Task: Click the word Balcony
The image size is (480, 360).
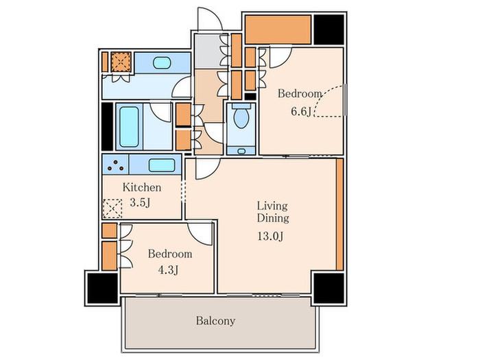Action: (x=215, y=321)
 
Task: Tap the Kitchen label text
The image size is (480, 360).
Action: (x=142, y=187)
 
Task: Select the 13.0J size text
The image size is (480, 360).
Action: (x=270, y=236)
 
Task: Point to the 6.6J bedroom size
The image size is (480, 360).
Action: (x=301, y=111)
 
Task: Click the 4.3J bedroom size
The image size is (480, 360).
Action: (x=169, y=269)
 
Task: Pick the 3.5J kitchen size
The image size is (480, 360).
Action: (x=140, y=202)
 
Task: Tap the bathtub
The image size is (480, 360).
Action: (x=129, y=127)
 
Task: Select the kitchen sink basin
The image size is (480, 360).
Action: (x=162, y=165)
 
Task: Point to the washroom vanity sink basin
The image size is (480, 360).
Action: (x=162, y=63)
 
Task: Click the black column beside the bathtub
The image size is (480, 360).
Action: (x=107, y=126)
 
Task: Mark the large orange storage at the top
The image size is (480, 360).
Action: (x=278, y=29)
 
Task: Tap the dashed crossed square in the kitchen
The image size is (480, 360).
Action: (x=112, y=208)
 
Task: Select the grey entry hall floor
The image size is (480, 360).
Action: (x=208, y=51)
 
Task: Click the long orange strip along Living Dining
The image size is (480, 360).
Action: (x=339, y=214)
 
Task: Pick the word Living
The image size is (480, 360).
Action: (x=272, y=206)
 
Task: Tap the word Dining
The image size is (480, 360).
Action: (x=273, y=218)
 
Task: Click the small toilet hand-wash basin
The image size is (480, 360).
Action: (x=241, y=151)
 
